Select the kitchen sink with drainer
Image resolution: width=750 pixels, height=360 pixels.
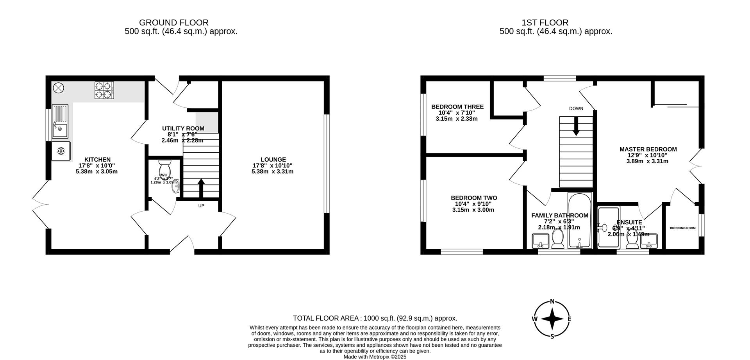click(60, 121)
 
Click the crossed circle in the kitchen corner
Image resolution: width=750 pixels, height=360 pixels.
click(58, 88)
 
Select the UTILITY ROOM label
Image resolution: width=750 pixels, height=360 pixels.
click(183, 128)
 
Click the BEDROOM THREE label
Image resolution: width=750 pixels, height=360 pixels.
click(457, 107)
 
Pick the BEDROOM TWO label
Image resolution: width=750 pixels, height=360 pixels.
click(473, 198)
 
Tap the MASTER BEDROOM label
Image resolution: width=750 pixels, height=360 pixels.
click(648, 149)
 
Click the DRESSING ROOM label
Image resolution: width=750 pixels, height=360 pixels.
click(682, 228)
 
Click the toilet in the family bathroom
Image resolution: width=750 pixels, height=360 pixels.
click(557, 238)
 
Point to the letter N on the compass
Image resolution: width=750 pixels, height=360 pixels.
click(552, 301)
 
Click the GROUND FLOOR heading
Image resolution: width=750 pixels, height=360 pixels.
click(173, 23)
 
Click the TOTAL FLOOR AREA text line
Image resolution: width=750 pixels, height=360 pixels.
click(375, 318)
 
